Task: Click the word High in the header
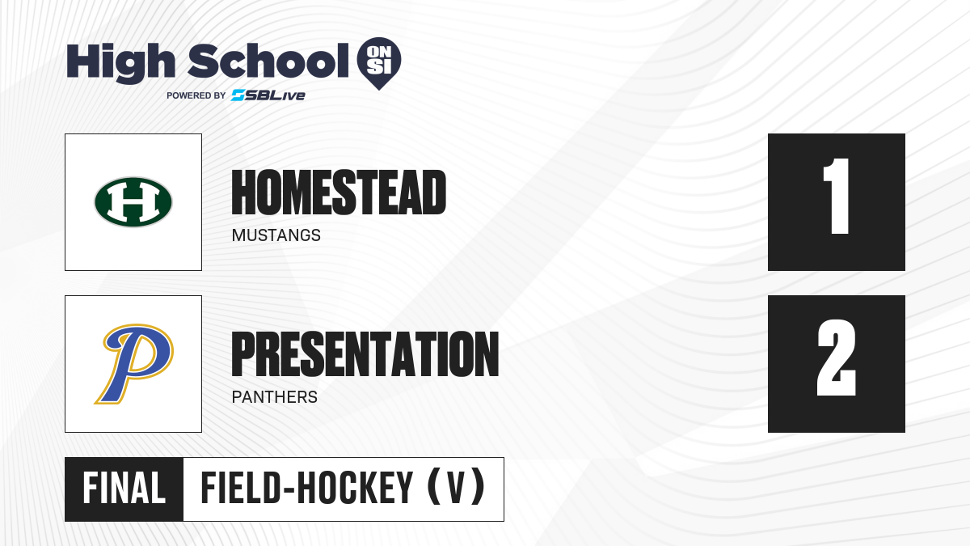120,63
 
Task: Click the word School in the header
268,61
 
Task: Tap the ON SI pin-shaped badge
379,63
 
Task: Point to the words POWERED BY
196,95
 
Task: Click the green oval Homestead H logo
133,202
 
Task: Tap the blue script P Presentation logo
134,363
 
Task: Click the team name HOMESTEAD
339,193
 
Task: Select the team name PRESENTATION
365,354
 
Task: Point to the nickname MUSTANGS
276,235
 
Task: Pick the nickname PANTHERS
275,397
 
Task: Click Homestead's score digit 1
836,196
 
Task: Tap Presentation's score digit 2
836,358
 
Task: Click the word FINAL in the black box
124,489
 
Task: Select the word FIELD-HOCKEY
307,489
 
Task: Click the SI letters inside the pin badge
379,67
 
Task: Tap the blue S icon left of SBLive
238,95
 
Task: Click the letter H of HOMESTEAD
243,193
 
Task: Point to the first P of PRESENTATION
242,354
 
